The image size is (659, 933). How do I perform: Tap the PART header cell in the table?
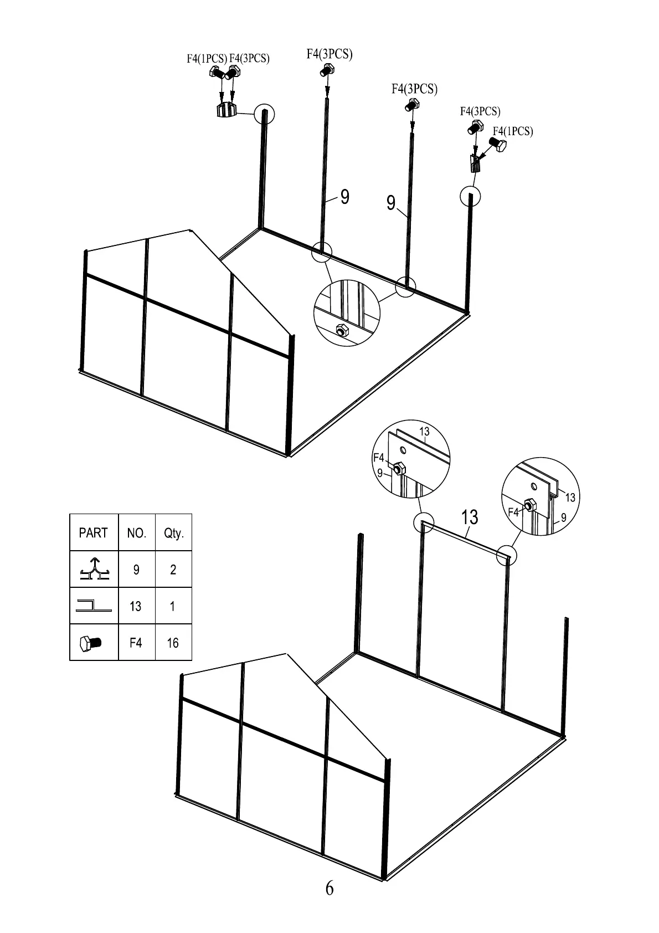(x=93, y=533)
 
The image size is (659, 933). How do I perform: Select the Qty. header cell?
(x=173, y=533)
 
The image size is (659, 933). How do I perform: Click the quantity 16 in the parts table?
(x=173, y=643)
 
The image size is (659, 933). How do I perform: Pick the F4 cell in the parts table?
(x=136, y=643)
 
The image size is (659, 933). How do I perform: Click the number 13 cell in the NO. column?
(x=136, y=606)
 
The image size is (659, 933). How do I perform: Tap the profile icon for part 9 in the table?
(x=94, y=570)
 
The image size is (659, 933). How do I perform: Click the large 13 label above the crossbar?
(x=469, y=517)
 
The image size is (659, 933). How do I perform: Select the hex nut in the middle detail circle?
(x=341, y=330)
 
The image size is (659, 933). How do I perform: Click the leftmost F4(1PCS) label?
(x=207, y=59)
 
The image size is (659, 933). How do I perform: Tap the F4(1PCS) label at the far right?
(x=513, y=131)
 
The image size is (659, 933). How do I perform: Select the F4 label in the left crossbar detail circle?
(x=379, y=458)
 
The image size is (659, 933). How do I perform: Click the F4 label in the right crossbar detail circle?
(x=514, y=512)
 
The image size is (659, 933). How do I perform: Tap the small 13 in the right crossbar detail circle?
(x=570, y=497)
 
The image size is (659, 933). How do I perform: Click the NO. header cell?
(x=136, y=533)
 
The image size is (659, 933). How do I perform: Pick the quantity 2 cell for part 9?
(x=173, y=570)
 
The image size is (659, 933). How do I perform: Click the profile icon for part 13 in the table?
(x=93, y=606)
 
